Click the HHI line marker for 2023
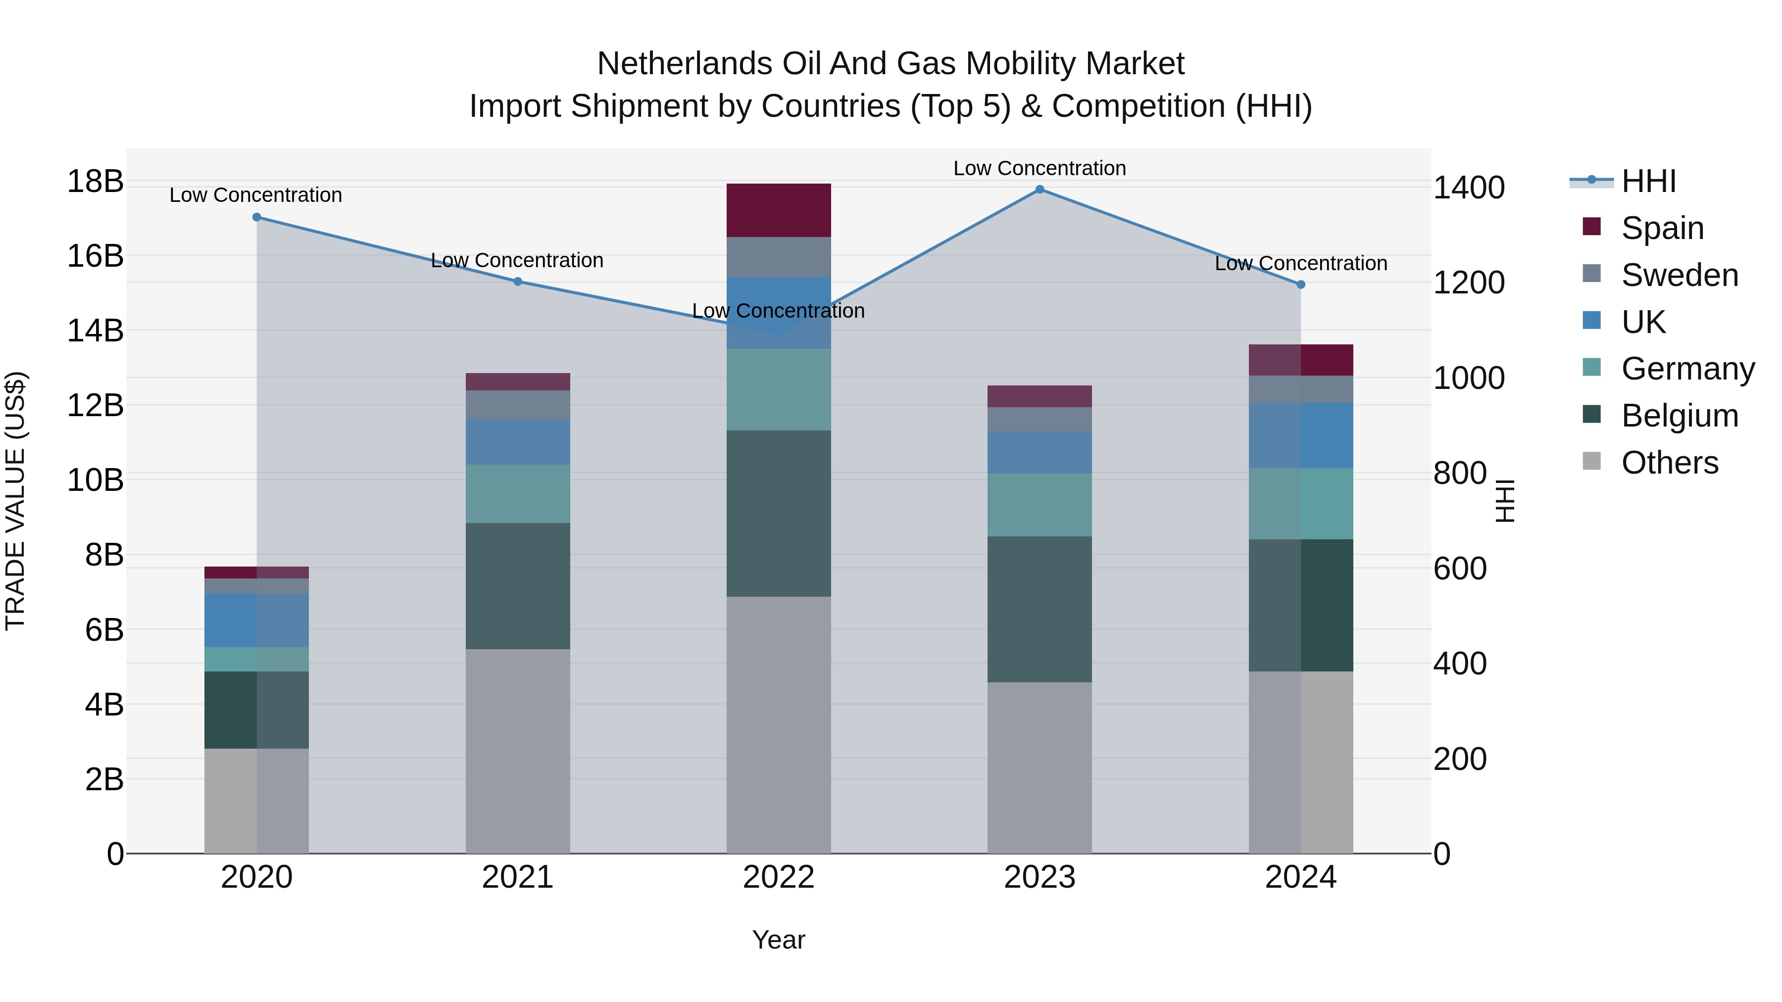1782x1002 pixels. (1039, 190)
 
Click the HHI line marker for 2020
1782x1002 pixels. (256, 217)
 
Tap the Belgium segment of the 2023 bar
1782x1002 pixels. (1039, 609)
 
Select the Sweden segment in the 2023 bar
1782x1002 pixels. (1039, 419)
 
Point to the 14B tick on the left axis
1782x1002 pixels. (96, 331)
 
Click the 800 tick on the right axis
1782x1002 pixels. (1460, 474)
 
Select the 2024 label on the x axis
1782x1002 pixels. (1300, 877)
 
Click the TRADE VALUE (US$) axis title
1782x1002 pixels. (15, 501)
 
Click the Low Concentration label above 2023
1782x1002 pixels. (1039, 168)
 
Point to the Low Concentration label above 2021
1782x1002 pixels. (517, 261)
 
